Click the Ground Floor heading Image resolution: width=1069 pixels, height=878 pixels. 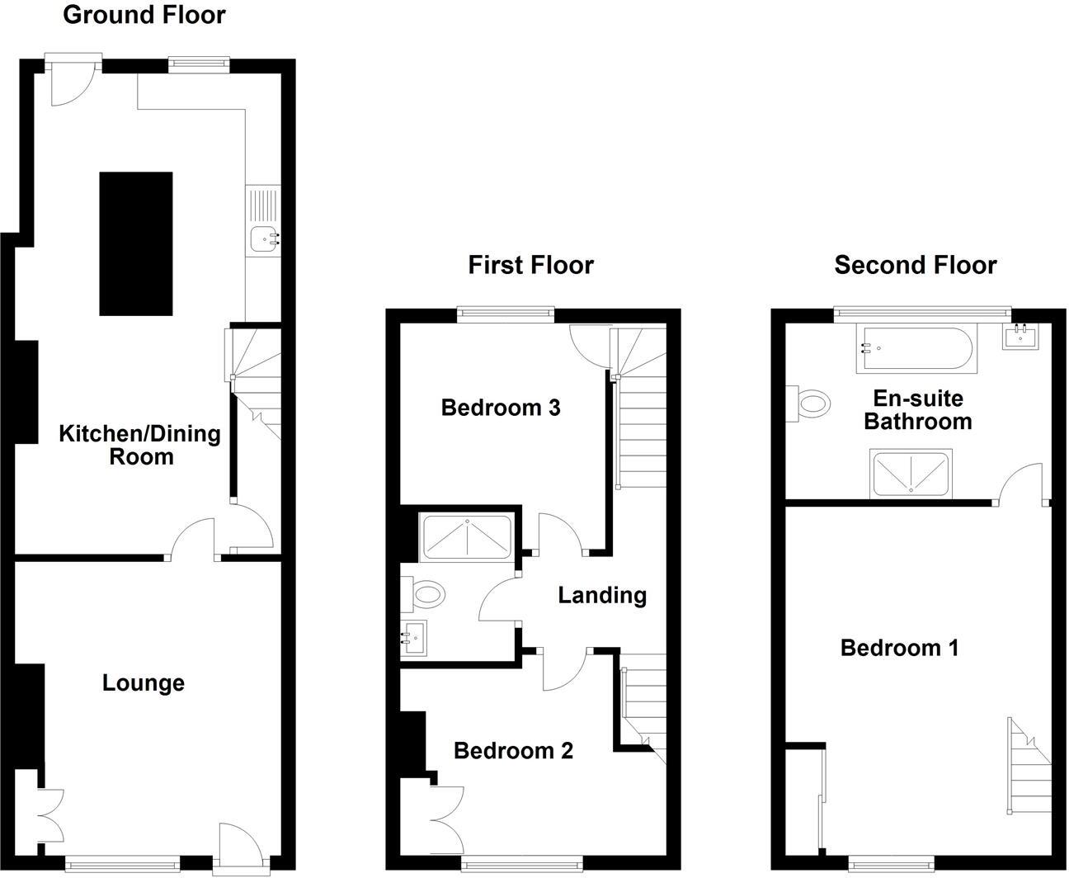tap(144, 15)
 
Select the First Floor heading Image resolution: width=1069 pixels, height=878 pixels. tap(530, 265)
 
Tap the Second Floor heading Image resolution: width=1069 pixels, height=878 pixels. tap(915, 265)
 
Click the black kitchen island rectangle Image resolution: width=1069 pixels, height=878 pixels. tap(136, 243)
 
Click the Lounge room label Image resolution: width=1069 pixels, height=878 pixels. tap(143, 683)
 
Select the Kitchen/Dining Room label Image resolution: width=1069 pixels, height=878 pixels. tap(139, 445)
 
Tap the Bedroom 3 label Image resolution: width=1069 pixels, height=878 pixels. tap(501, 408)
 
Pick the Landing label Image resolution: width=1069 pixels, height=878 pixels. tap(602, 595)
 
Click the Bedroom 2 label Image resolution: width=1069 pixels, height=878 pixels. tap(513, 751)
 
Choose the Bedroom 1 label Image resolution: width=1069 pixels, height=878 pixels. tap(899, 648)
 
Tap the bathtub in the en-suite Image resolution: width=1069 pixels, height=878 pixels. tap(918, 349)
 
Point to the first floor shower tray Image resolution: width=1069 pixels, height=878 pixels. tap(467, 537)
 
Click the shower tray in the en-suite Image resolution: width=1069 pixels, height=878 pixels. tap(911, 474)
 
